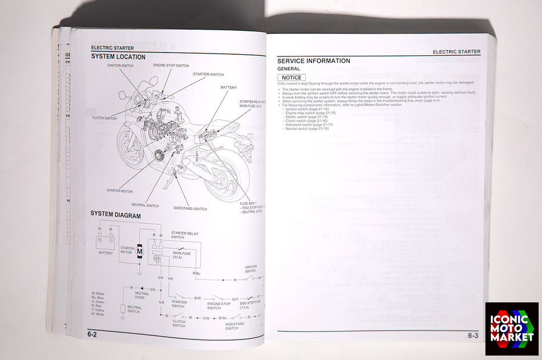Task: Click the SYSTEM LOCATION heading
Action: click(x=118, y=57)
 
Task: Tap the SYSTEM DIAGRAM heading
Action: click(x=116, y=214)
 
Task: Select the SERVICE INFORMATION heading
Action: click(x=313, y=61)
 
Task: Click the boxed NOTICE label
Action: click(x=292, y=78)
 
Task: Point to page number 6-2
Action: click(x=92, y=334)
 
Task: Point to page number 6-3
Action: click(x=473, y=336)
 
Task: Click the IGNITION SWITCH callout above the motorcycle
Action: click(x=120, y=66)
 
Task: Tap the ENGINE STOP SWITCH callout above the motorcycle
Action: click(x=171, y=66)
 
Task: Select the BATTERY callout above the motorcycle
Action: click(x=229, y=87)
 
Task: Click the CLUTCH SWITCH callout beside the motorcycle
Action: click(x=104, y=118)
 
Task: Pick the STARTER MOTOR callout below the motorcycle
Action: click(x=119, y=191)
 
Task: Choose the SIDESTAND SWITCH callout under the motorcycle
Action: click(x=190, y=209)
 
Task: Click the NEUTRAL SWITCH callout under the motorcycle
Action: click(x=145, y=205)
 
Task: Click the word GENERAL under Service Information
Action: click(x=289, y=69)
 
